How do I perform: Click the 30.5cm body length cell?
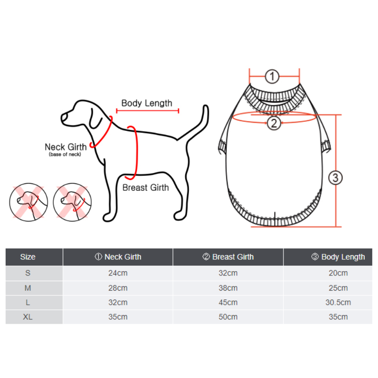point(338,302)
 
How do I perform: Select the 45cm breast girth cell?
point(228,302)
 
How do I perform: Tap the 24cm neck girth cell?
point(118,273)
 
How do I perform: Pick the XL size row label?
point(28,317)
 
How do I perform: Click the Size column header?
point(28,257)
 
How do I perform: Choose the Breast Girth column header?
point(228,257)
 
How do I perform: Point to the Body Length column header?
point(338,257)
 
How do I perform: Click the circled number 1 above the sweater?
point(272,77)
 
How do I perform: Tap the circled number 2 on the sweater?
point(274,123)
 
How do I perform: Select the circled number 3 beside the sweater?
point(335,178)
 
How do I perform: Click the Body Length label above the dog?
point(147,103)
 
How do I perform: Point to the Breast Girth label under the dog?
point(146,188)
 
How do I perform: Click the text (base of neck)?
point(65,155)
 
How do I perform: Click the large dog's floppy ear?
point(96,120)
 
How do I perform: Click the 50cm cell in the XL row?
point(228,317)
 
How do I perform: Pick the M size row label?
point(28,288)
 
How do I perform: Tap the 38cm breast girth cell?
point(228,288)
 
